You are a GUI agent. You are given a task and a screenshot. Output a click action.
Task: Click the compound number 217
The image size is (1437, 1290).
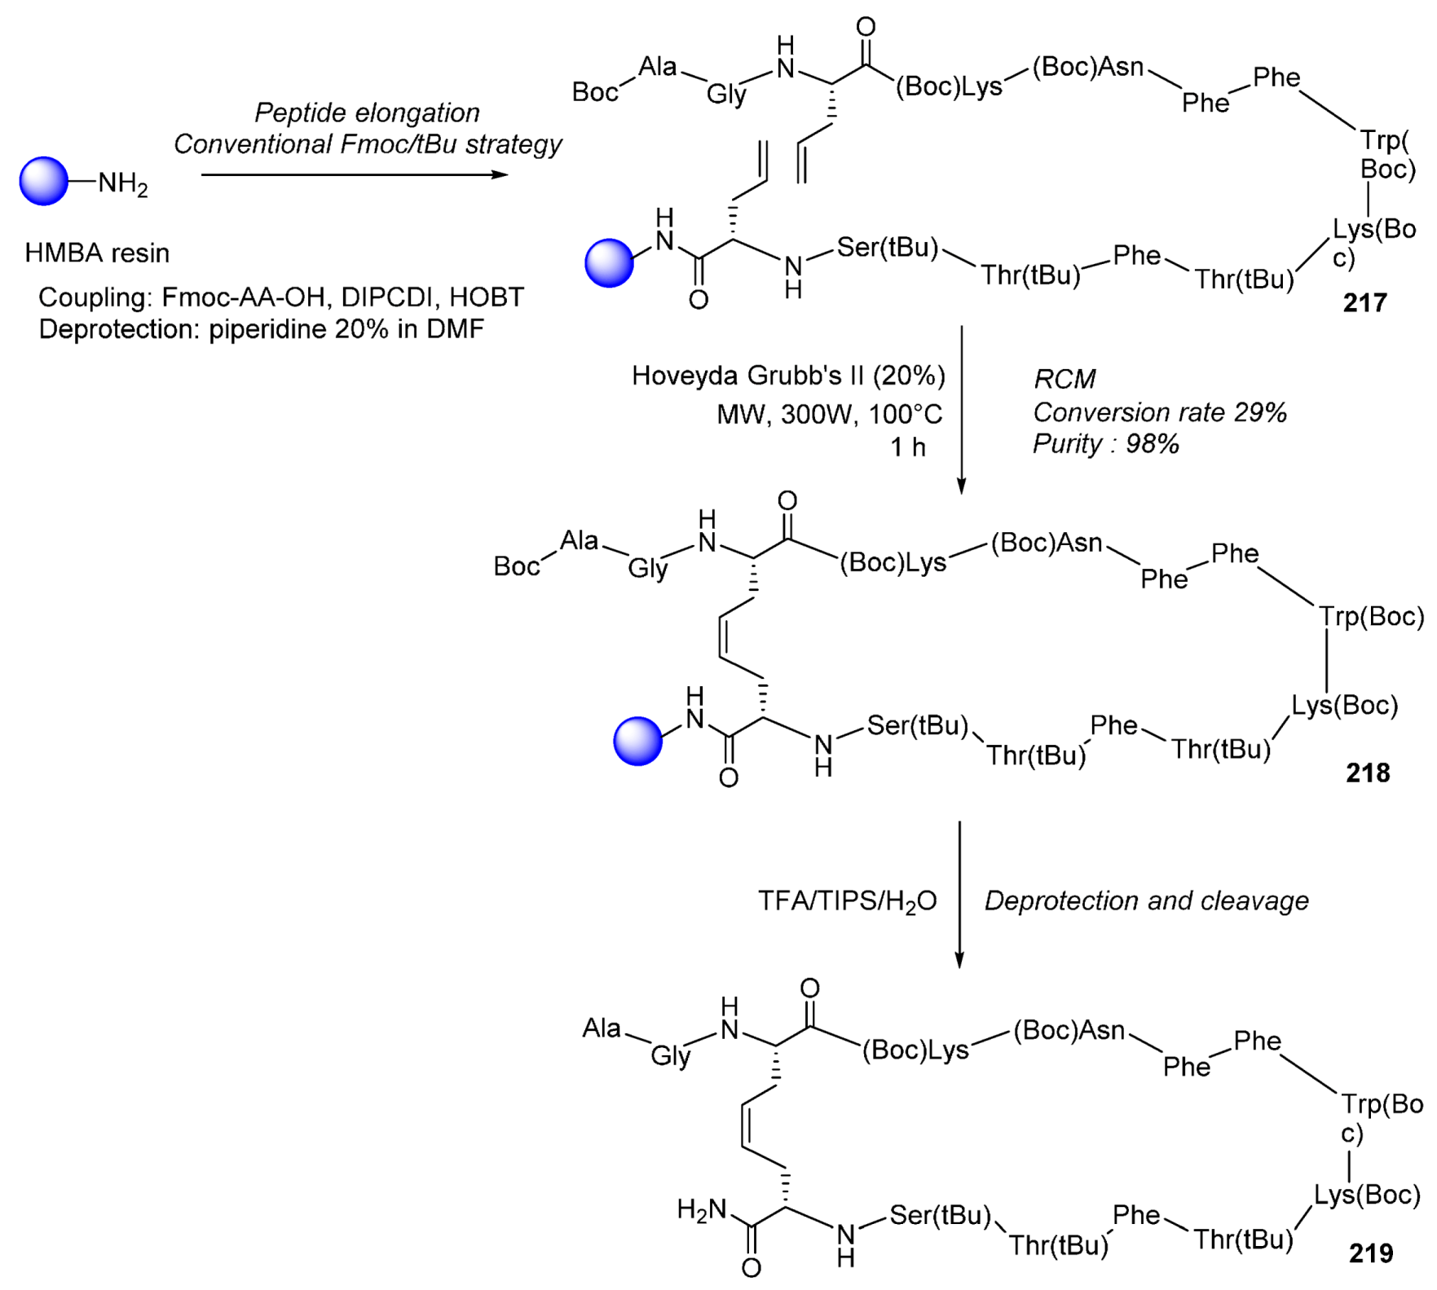(x=1365, y=303)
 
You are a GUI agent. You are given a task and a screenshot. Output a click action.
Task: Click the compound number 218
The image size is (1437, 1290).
(x=1368, y=773)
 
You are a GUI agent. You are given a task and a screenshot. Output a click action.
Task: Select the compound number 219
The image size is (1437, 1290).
(x=1371, y=1253)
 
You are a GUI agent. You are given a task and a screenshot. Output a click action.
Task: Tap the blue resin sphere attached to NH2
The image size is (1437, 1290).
(x=44, y=181)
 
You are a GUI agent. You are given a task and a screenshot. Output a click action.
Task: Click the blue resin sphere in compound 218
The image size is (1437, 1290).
(x=637, y=741)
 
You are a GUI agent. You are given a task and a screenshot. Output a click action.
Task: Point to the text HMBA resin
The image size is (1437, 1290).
(x=97, y=253)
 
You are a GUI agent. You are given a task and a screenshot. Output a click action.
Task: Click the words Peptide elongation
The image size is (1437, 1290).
(x=367, y=112)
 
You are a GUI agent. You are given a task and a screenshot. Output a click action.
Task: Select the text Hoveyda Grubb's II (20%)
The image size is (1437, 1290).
(x=788, y=376)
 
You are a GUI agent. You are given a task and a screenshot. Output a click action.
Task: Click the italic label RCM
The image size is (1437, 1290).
(x=1065, y=379)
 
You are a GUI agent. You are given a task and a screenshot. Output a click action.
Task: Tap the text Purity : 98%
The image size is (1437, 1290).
(x=1106, y=444)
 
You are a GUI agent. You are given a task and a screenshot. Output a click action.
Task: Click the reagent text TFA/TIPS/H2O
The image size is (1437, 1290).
(x=847, y=901)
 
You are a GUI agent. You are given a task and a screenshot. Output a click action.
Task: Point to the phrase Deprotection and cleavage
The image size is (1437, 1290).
(x=1146, y=900)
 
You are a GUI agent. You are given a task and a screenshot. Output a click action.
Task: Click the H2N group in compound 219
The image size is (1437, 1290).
(x=701, y=1210)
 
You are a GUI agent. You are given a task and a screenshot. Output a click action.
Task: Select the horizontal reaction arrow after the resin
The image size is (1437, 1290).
(x=355, y=174)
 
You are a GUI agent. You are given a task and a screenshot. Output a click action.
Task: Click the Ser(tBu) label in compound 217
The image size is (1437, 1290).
(x=888, y=247)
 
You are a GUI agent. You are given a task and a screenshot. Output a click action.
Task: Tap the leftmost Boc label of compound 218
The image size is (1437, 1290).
(x=517, y=566)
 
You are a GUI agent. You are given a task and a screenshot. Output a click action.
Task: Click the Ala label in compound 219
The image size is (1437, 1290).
(x=602, y=1028)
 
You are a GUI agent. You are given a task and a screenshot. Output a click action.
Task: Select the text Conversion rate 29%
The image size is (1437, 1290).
(x=1160, y=412)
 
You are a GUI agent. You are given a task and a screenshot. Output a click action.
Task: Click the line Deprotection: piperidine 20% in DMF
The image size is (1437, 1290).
(x=261, y=329)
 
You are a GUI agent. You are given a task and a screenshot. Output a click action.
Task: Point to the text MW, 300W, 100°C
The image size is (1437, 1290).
(x=829, y=414)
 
